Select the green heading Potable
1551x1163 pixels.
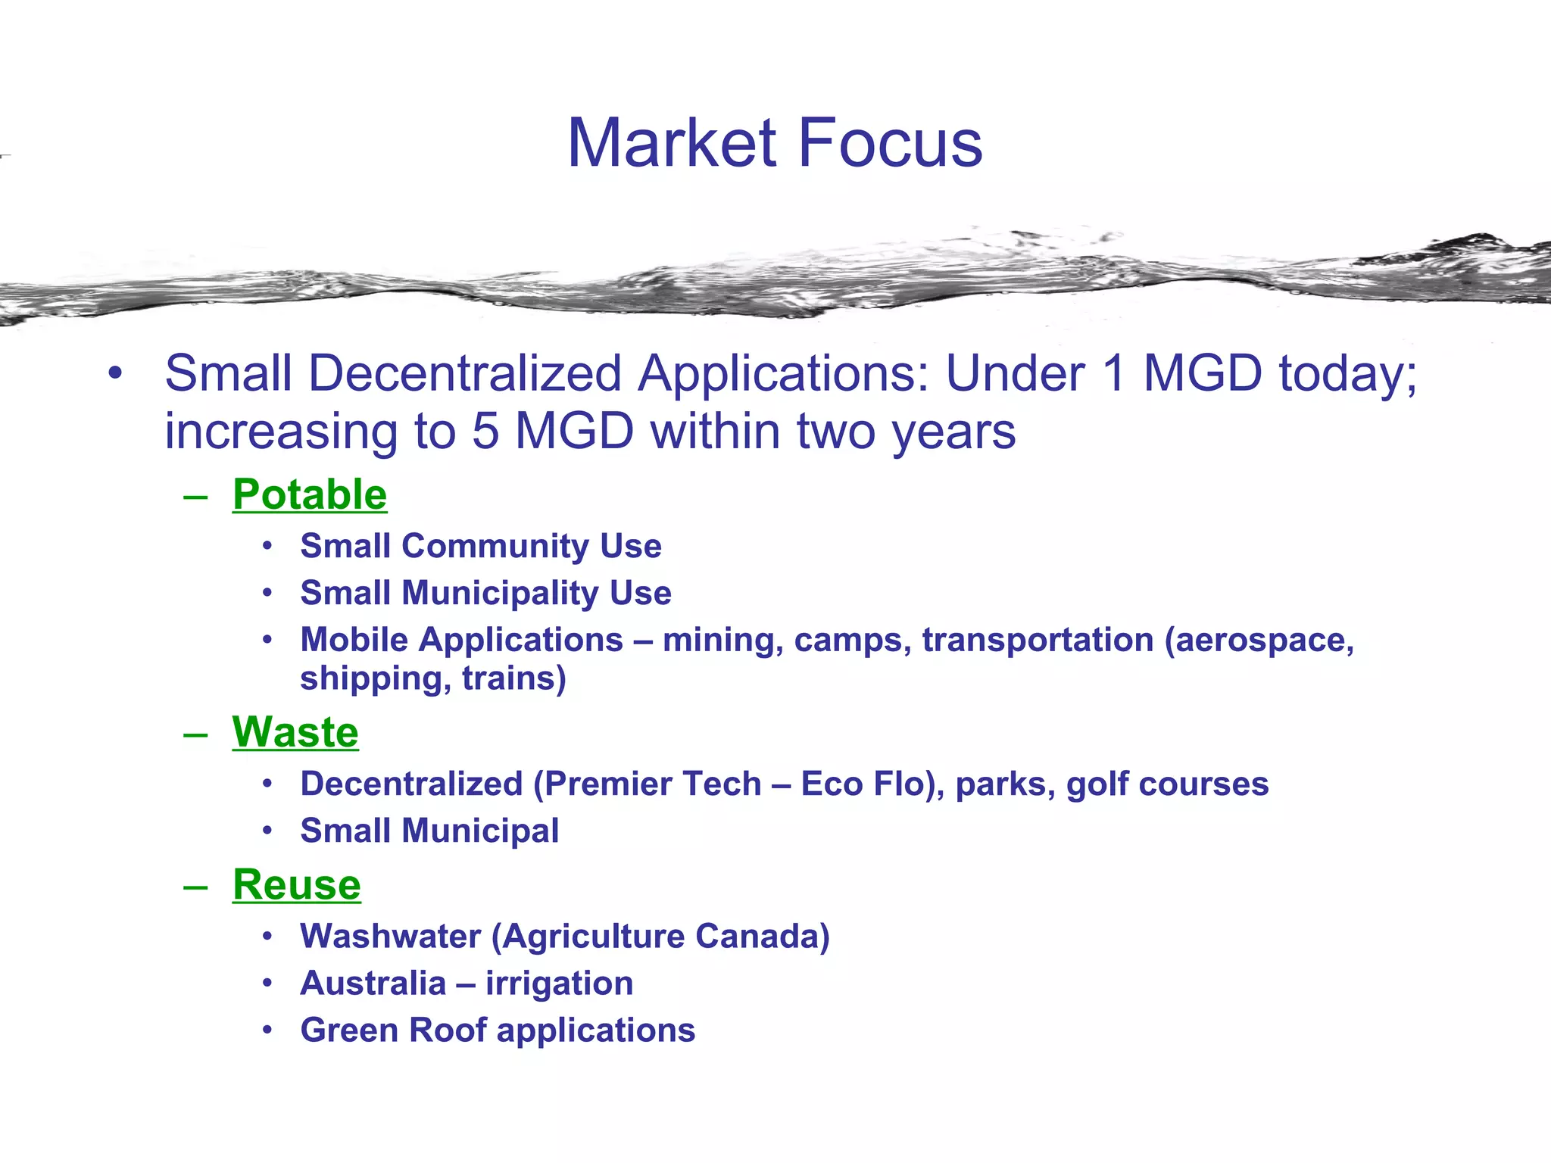point(310,494)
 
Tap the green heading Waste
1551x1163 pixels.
point(295,732)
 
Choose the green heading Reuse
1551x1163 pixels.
point(297,884)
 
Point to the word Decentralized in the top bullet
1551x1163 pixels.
point(465,373)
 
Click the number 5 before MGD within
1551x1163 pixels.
point(485,431)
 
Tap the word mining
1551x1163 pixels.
point(723,641)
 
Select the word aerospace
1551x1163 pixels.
point(1259,641)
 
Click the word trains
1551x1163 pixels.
point(513,678)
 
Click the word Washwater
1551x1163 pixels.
point(390,937)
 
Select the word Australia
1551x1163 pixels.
point(373,984)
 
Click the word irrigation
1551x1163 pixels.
point(560,984)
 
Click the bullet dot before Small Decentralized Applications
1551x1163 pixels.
point(114,373)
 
